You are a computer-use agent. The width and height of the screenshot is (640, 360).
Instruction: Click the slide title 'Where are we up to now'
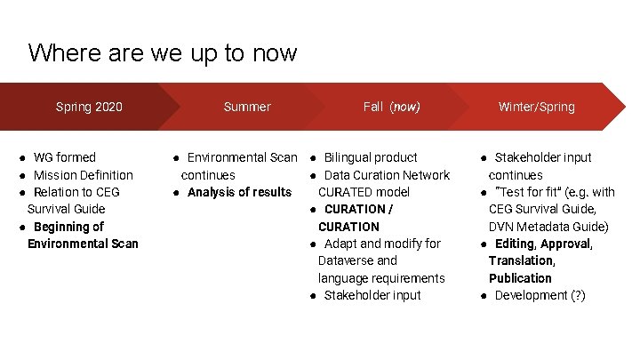[x=162, y=53]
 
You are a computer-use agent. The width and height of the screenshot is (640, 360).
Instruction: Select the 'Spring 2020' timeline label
[x=89, y=107]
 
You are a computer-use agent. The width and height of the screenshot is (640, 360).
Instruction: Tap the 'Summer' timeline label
[x=247, y=107]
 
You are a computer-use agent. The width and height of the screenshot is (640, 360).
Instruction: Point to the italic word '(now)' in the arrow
[x=404, y=107]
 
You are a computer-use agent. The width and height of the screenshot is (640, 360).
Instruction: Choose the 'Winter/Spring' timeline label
[x=536, y=107]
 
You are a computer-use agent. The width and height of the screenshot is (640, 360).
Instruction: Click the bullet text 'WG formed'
[x=64, y=157]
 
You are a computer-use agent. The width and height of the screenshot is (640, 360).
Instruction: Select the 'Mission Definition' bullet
[x=83, y=175]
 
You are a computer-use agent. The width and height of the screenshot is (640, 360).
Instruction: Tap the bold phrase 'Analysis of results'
[x=239, y=192]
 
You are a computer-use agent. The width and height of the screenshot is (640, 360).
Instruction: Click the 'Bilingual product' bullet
[x=371, y=157]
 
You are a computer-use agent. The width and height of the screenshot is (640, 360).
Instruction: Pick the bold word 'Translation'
[x=521, y=260]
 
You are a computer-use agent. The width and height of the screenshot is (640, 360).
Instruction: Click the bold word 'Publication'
[x=520, y=278]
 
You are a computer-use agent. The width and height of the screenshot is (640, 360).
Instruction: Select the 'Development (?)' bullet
[x=540, y=295]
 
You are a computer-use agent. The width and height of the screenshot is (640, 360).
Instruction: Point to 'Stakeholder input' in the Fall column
[x=372, y=295]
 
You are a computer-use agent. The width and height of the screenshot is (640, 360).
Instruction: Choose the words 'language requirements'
[x=381, y=278]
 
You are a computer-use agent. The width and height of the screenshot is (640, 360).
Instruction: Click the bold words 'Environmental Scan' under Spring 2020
[x=83, y=244]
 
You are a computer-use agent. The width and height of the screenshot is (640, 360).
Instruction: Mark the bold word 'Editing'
[x=515, y=244]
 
